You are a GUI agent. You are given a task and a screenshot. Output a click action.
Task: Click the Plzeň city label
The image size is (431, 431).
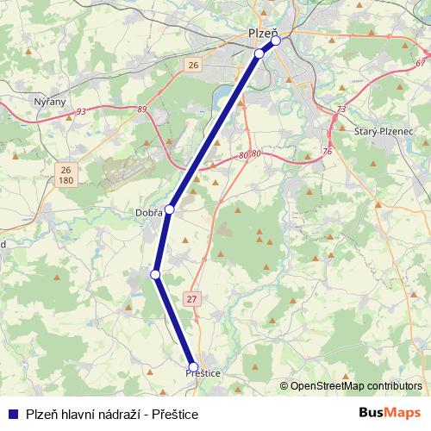[263, 33]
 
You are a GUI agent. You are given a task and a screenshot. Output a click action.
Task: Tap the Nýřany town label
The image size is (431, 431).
[49, 102]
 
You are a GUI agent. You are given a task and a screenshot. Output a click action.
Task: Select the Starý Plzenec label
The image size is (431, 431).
[384, 130]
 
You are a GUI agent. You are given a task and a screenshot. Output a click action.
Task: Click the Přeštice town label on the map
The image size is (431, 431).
[203, 372]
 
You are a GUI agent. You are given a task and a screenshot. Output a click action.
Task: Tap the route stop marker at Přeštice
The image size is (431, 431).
[193, 366]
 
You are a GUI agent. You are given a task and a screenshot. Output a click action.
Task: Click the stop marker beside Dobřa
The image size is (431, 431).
[170, 209]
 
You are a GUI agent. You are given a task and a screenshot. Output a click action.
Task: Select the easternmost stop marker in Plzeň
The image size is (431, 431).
[276, 40]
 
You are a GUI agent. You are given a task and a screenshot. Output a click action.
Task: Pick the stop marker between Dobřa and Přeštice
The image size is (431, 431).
[156, 274]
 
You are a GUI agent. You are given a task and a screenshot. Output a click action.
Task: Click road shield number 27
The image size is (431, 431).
[191, 298]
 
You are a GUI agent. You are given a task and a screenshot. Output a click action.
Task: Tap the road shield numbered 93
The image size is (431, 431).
[81, 111]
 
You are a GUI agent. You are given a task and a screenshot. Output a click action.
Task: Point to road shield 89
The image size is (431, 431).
[141, 109]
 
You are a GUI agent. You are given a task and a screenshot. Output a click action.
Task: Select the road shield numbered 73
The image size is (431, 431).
[341, 109]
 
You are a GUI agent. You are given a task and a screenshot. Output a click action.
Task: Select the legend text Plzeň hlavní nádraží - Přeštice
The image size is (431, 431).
[112, 414]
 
